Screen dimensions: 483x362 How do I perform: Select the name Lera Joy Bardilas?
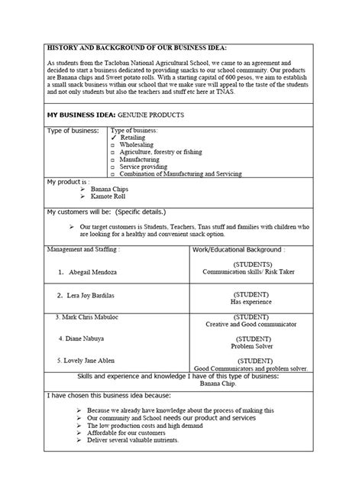(97, 294)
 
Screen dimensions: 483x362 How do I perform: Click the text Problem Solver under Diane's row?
(251, 345)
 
